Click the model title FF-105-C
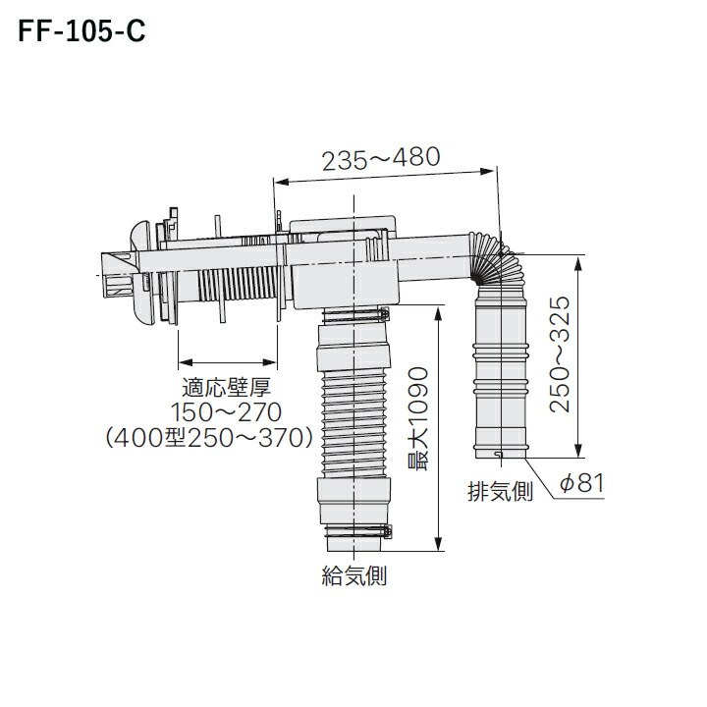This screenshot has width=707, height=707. pos(82,31)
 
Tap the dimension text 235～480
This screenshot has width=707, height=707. pos(381,158)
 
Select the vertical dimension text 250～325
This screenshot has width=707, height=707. pos(560,353)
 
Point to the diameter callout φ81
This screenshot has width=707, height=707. pos(581,483)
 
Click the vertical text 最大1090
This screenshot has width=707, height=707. pos(417,419)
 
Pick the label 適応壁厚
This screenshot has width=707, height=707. pos(227,387)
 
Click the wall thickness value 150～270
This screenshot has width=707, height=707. pos(227,412)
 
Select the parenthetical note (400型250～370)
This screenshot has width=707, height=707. pos(209,437)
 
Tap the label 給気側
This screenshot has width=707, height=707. pos(353,575)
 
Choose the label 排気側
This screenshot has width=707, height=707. pos(500,491)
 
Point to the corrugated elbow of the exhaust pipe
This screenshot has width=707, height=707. pos(496,259)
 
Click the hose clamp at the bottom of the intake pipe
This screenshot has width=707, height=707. pos(357,531)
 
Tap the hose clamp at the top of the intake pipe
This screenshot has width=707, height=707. pos(355,314)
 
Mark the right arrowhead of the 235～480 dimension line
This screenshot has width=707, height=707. pos(488,172)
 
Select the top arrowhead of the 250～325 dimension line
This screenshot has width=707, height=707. pos(578,263)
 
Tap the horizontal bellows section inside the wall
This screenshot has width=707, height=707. pos(238,284)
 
